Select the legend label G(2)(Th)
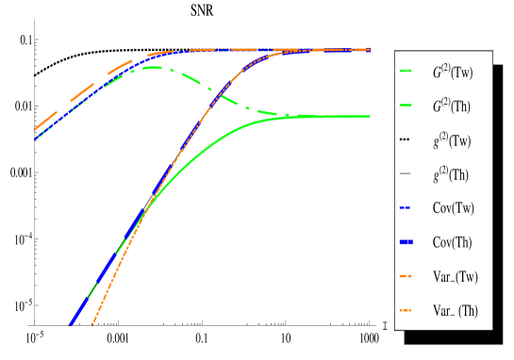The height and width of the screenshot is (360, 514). [x=452, y=106]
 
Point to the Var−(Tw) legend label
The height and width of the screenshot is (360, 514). [x=456, y=276]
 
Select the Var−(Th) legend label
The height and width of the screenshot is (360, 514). [x=456, y=310]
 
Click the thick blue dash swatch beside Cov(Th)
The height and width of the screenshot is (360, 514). [x=406, y=242]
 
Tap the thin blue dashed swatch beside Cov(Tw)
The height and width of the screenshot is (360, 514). [x=406, y=208]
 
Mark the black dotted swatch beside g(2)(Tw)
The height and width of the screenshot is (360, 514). [x=406, y=140]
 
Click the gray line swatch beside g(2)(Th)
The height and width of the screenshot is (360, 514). [x=406, y=174]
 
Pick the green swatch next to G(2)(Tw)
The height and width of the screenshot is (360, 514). [x=406, y=72]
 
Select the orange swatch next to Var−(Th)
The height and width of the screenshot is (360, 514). [x=406, y=310]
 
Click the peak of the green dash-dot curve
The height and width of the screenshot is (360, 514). [x=151, y=67]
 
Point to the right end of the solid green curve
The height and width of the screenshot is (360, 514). [x=370, y=117]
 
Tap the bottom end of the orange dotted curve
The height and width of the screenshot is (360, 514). [x=92, y=323]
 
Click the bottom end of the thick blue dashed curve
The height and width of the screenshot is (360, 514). [x=70, y=324]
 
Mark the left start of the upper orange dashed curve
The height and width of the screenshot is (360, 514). [x=34, y=129]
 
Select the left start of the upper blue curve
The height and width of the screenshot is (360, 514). [x=35, y=139]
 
